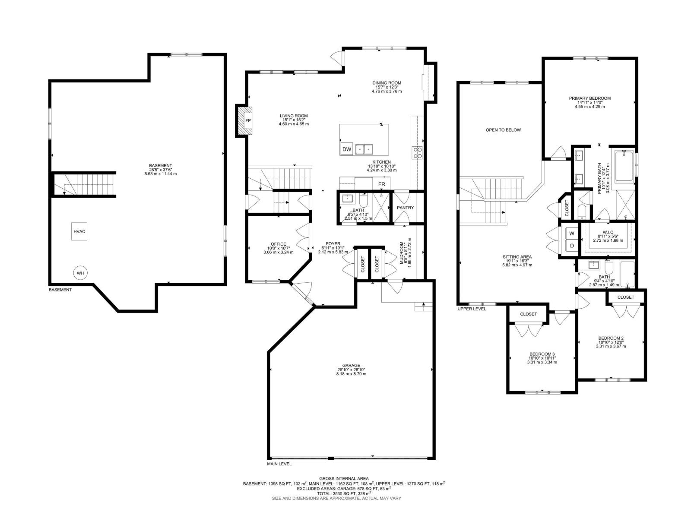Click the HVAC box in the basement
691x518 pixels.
coord(79,232)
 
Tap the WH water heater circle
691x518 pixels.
coord(80,273)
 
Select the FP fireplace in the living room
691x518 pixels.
coord(248,120)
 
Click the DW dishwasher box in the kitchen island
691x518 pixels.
coord(346,149)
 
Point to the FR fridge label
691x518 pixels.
coord(381,184)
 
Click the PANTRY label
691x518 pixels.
coord(405,208)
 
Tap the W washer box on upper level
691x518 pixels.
coord(572,234)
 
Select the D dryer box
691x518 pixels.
coord(572,246)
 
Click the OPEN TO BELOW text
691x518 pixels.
coord(503,130)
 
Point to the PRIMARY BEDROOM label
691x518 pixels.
coord(590,98)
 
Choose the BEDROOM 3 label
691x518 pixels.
coord(542,354)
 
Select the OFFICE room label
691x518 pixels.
coord(279,244)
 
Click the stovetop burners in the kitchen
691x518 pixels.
coord(418,152)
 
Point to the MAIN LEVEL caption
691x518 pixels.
coord(279,464)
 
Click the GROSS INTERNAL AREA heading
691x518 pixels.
coord(344,478)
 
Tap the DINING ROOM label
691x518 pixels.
coord(387,83)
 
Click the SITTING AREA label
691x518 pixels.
coord(517,257)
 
